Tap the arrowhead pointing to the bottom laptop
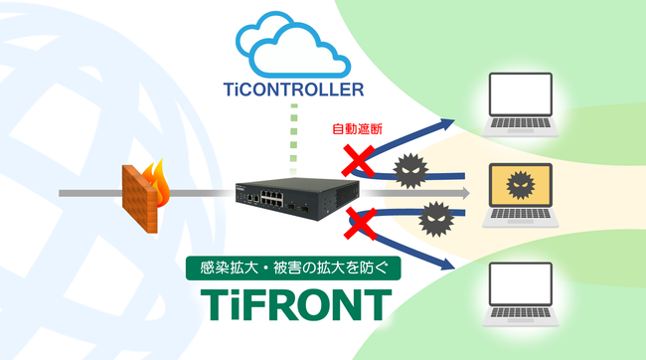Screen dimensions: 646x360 (x=449, y=267)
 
